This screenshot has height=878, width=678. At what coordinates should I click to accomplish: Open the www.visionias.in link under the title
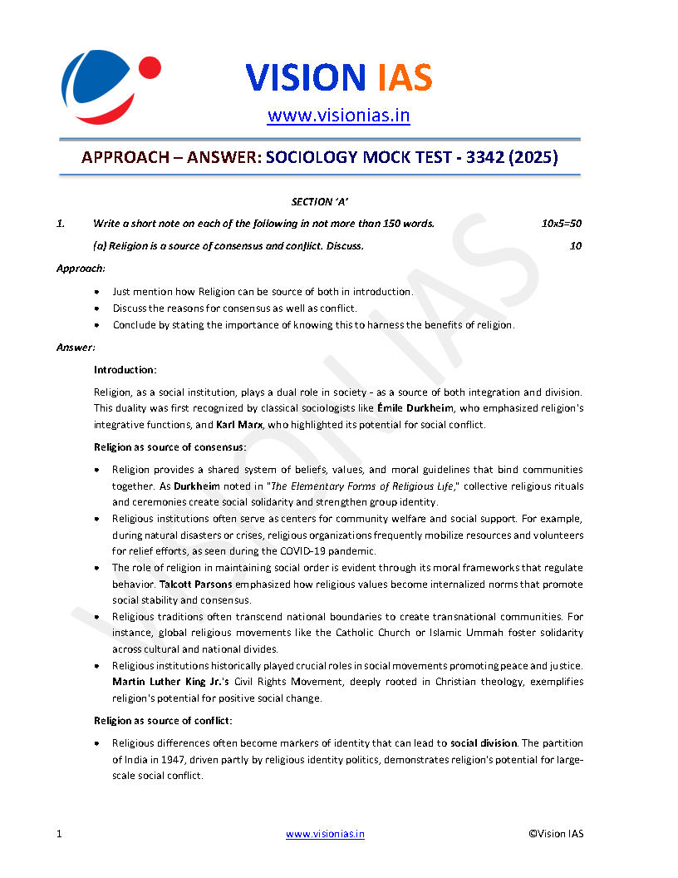click(x=338, y=116)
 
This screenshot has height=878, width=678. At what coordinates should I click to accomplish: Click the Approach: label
click(x=81, y=269)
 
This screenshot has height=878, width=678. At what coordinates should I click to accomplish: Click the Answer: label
click(x=76, y=347)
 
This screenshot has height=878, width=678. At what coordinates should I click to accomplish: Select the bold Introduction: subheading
click(x=125, y=369)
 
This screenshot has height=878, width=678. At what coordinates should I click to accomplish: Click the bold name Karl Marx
click(x=241, y=425)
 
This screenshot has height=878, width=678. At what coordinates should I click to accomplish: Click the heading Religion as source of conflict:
click(x=151, y=720)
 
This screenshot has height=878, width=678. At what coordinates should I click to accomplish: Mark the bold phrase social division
click(x=484, y=742)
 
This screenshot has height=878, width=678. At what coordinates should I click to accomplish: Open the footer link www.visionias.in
click(x=325, y=834)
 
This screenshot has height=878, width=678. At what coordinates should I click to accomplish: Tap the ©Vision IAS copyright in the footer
click(x=556, y=834)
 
